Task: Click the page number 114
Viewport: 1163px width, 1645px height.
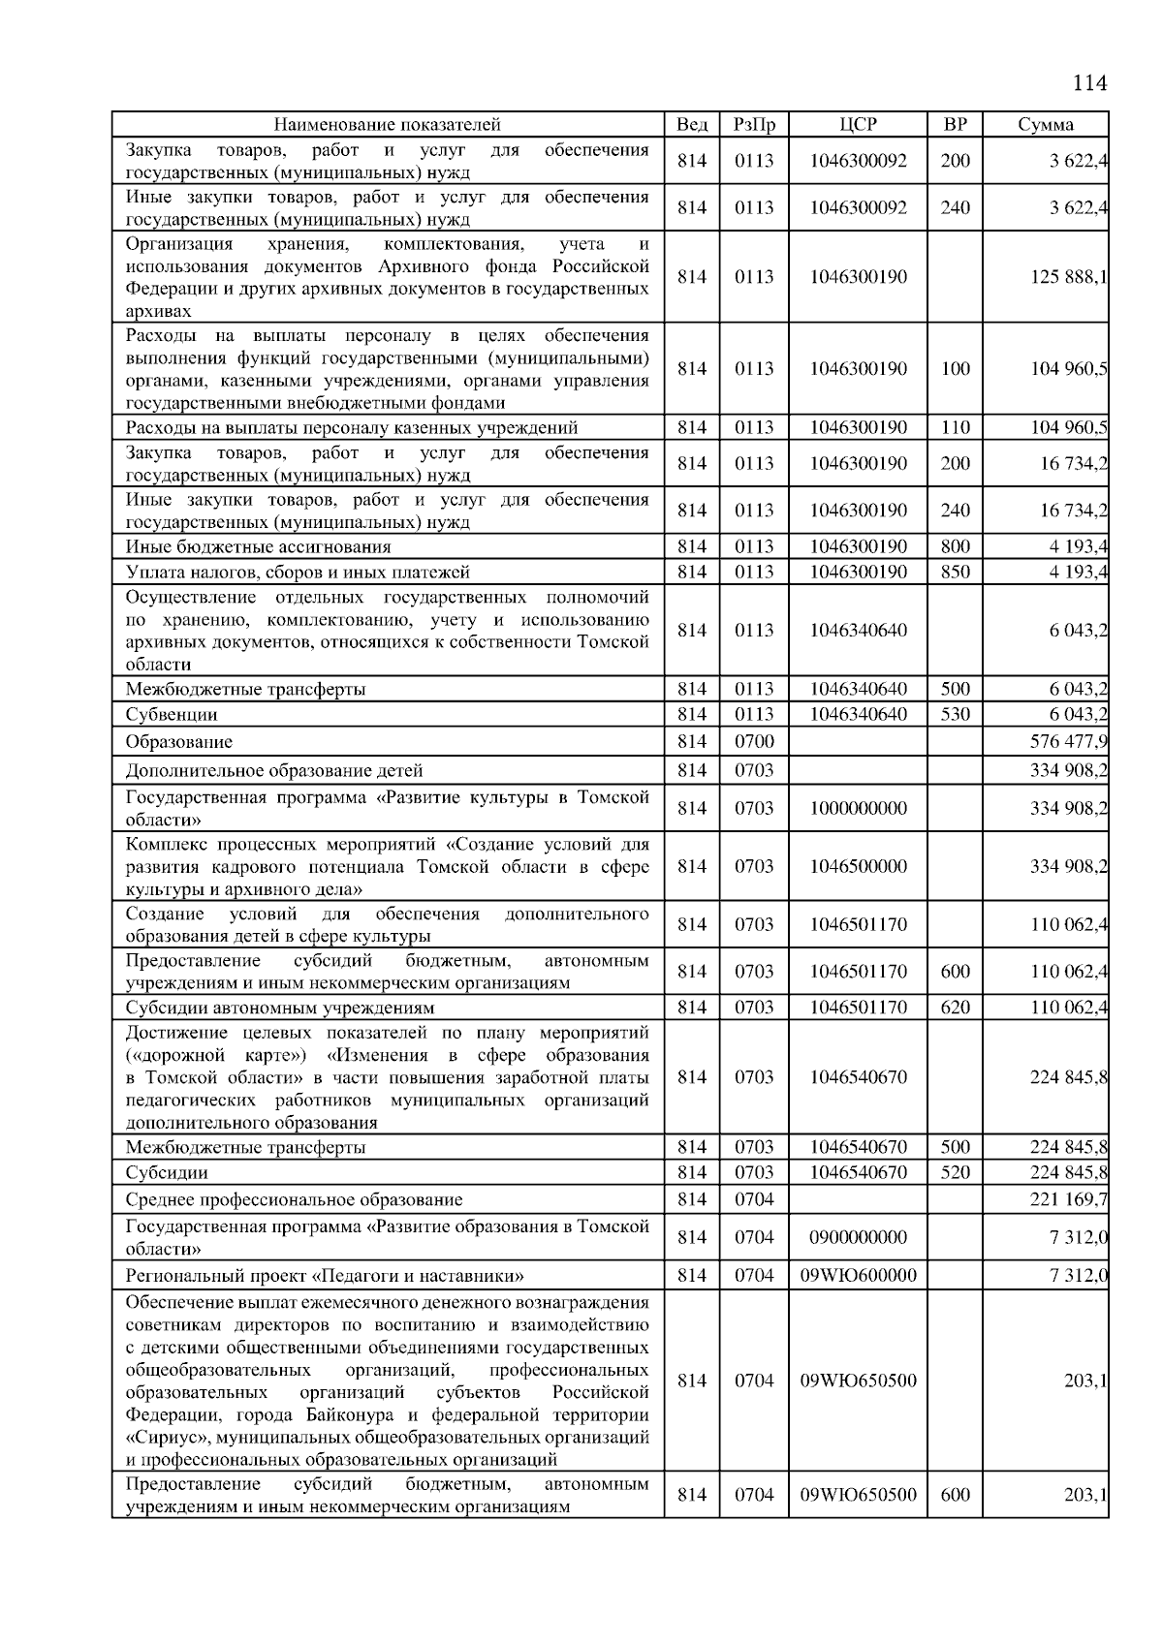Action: (1089, 83)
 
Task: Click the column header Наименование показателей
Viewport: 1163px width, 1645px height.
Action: (387, 124)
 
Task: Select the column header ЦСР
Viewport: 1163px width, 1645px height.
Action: (858, 124)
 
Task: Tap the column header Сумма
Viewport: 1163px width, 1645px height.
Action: (1045, 124)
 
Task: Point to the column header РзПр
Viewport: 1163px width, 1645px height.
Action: (753, 124)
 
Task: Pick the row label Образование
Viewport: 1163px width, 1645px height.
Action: (179, 742)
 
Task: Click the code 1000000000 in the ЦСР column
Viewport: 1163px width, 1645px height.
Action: (858, 808)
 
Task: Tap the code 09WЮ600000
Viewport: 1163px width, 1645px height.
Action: (858, 1276)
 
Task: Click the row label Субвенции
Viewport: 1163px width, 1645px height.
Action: (172, 715)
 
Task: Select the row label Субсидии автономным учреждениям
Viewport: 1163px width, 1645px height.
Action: (280, 1008)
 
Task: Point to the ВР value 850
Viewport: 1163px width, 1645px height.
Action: (955, 573)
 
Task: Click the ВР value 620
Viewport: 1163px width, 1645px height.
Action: (955, 1008)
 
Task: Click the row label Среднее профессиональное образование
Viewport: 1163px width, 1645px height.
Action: (294, 1200)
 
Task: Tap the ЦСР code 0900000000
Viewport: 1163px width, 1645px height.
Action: (858, 1237)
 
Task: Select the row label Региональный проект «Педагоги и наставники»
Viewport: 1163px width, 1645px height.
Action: (325, 1276)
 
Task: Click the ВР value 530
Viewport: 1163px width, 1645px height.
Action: (955, 715)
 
